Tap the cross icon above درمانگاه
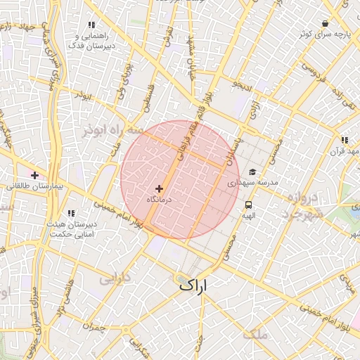point(160,188)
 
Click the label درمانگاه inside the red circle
point(160,200)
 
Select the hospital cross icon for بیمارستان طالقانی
point(34,174)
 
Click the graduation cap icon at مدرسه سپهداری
point(252,172)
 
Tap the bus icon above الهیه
point(248,205)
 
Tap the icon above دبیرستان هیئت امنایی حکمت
point(71,213)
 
